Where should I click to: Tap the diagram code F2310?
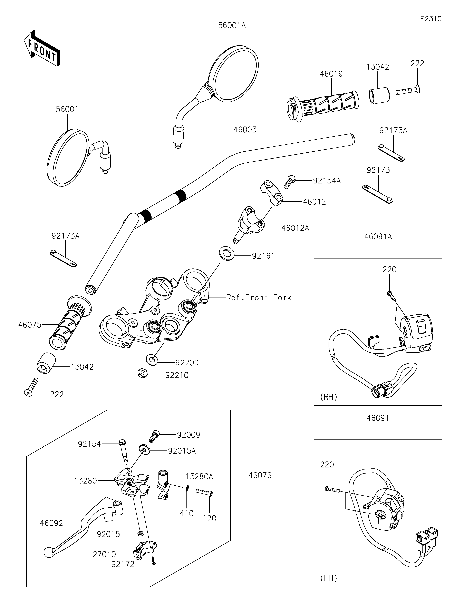tap(431, 19)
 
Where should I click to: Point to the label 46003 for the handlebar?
tap(245, 130)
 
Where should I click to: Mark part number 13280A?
tap(199, 476)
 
